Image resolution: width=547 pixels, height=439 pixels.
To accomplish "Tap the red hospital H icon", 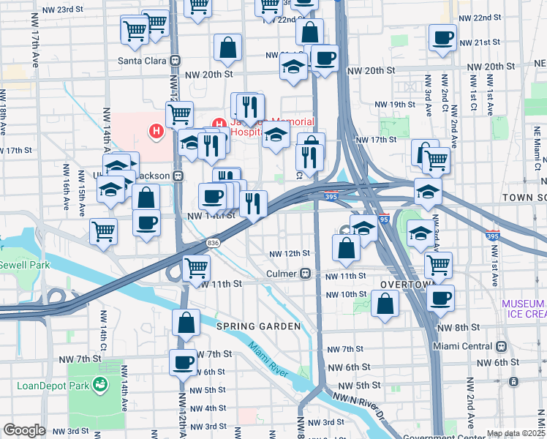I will point(156,132).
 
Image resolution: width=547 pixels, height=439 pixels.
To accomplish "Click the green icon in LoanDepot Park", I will point(99,383).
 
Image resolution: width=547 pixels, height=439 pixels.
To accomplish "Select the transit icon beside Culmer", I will point(305,274).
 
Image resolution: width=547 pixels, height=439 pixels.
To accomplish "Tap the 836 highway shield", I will point(213,243).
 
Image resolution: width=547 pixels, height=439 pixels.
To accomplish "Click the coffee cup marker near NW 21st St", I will point(442,38).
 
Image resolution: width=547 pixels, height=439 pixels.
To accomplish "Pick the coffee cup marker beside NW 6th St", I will point(183,361).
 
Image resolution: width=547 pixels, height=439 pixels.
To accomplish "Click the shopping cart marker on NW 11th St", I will point(196,268).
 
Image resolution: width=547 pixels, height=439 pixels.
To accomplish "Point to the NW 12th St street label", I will point(290,253).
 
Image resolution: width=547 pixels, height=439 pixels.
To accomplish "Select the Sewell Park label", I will point(25,265).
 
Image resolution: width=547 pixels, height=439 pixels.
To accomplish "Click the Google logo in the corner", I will point(24,430).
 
